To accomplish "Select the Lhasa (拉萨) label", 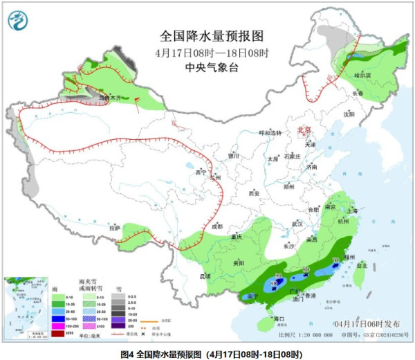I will (x=115, y=227).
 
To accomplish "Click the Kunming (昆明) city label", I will (x=205, y=276).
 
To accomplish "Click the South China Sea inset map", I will (x=25, y=307).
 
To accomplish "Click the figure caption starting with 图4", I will (x=207, y=354).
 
